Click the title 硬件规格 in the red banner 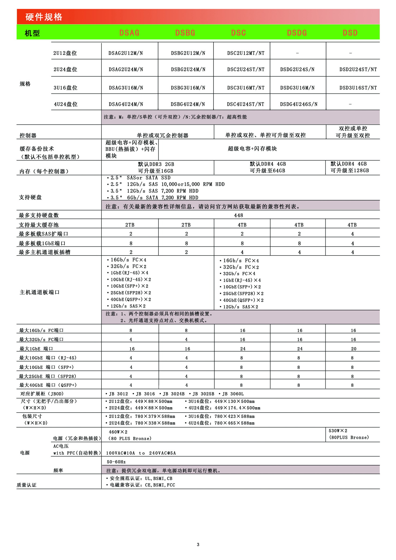click(44, 17)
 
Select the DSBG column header click(185, 33)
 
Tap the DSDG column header click(297, 33)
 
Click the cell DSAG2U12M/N click(125, 53)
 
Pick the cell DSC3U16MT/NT click(246, 88)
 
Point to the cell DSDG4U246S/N click(299, 104)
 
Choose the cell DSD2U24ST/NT click(358, 70)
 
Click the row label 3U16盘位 click(65, 88)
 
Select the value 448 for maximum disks click(238, 215)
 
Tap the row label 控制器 click(28, 135)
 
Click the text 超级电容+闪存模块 click(252, 149)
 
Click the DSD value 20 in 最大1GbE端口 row click(353, 349)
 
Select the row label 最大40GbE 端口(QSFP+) click(48, 385)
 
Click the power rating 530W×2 click(338, 431)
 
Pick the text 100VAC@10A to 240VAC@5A click(141, 453)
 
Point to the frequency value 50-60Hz click(116, 462)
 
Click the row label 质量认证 click(26, 485)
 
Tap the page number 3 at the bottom click(198, 544)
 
